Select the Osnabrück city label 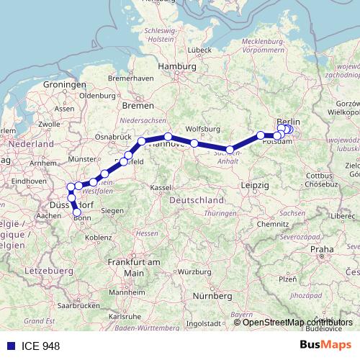point(112,136)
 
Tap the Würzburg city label point(177,271)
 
